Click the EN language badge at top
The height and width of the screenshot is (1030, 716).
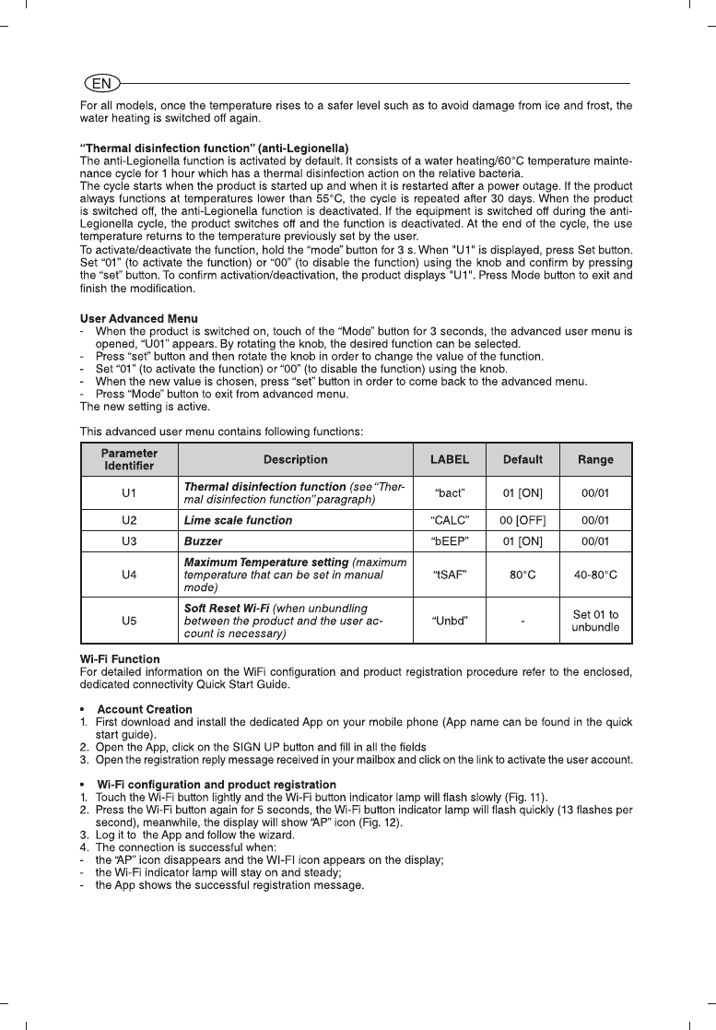point(101,83)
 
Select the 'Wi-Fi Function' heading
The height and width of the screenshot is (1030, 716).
point(120,659)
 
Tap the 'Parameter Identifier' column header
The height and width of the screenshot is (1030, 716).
point(129,459)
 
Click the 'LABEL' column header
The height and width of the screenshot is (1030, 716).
point(450,459)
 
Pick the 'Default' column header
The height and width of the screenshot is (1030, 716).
point(522,459)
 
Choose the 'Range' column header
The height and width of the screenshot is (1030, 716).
point(595,459)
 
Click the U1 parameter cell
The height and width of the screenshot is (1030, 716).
point(129,492)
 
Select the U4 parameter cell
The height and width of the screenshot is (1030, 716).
point(129,574)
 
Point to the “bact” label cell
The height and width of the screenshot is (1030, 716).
point(450,492)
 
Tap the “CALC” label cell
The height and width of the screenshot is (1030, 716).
point(450,520)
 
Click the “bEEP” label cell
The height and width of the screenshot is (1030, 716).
point(450,539)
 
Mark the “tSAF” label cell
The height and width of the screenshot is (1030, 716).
point(450,574)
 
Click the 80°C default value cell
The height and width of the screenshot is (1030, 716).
point(522,574)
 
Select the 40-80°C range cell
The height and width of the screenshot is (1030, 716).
point(595,574)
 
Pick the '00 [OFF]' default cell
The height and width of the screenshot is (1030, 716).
point(522,520)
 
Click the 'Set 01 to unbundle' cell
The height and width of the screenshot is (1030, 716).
point(595,621)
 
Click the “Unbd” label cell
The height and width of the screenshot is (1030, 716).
point(450,621)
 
